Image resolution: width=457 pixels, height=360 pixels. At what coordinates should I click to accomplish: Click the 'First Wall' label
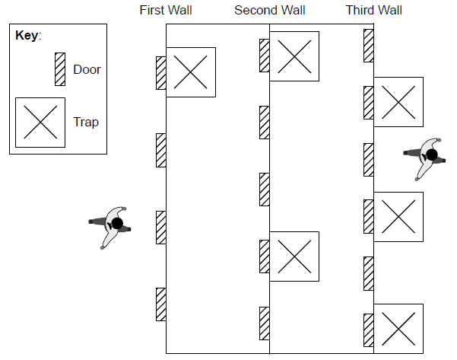pyautogui.click(x=166, y=11)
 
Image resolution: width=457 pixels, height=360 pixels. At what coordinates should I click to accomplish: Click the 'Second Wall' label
pyautogui.click(x=269, y=11)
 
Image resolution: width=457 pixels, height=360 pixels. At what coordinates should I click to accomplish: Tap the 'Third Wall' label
pyautogui.click(x=373, y=11)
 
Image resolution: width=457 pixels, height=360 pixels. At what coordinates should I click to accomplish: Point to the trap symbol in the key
pyautogui.click(x=40, y=122)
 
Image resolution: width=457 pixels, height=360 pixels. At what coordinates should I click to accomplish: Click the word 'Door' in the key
pyautogui.click(x=87, y=70)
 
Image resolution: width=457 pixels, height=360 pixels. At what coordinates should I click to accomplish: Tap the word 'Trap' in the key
pyautogui.click(x=86, y=122)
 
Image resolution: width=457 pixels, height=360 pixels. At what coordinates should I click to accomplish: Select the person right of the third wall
pyautogui.click(x=427, y=158)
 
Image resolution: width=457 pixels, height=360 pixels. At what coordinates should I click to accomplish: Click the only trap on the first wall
pyautogui.click(x=190, y=72)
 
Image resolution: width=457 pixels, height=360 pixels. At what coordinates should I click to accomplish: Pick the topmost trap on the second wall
pyautogui.click(x=294, y=56)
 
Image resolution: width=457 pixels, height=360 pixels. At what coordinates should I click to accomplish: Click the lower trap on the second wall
pyautogui.click(x=294, y=256)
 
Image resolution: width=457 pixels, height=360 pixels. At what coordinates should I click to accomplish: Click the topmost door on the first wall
pyautogui.click(x=161, y=73)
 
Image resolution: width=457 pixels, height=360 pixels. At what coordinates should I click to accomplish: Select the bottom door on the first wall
pyautogui.click(x=161, y=304)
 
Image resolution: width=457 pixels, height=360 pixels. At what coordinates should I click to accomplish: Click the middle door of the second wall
pyautogui.click(x=265, y=190)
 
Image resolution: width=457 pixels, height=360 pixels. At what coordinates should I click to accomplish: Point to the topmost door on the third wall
pyautogui.click(x=368, y=45)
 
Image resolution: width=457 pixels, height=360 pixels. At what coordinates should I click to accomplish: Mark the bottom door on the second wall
pyautogui.click(x=265, y=323)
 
